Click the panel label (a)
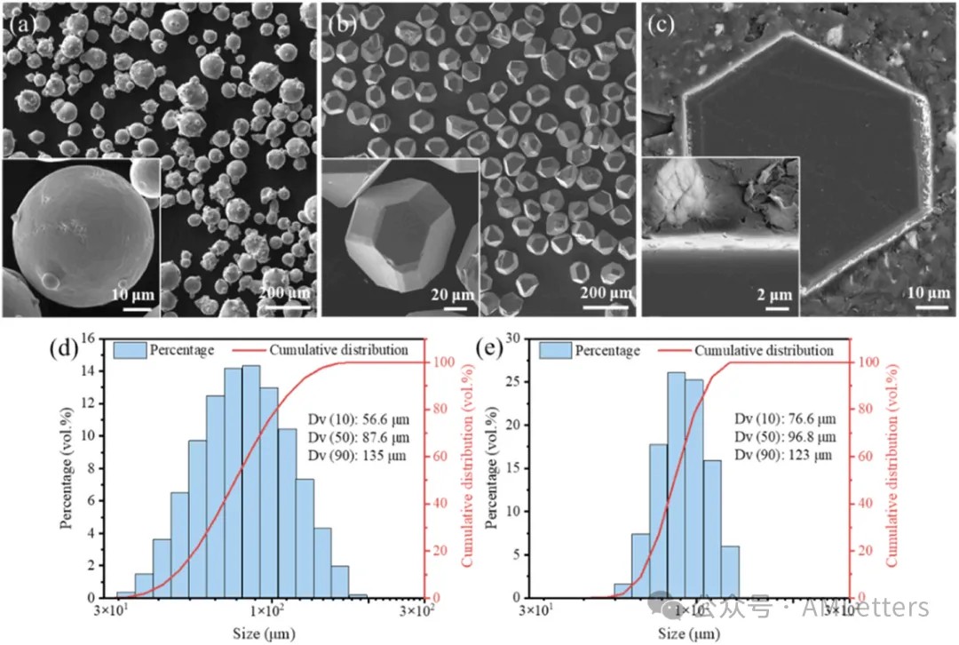(x=20, y=24)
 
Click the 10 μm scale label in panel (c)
(x=925, y=292)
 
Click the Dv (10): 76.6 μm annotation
(x=785, y=418)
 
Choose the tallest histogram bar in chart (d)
(x=251, y=481)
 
